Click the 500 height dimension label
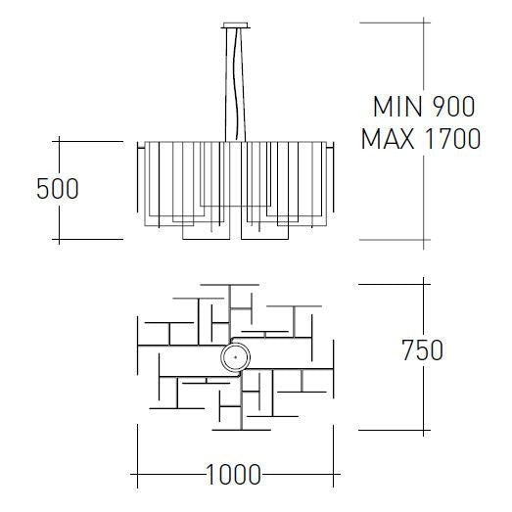(57, 188)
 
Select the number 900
(452, 107)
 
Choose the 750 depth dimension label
(422, 349)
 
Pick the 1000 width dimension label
(234, 476)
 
